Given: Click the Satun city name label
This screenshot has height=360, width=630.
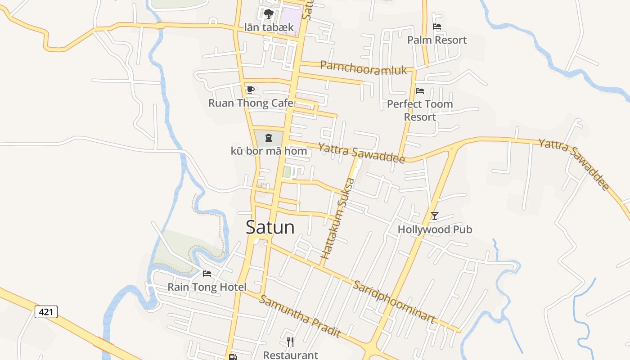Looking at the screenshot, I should pyautogui.click(x=270, y=227).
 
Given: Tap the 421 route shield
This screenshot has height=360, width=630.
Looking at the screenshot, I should pyautogui.click(x=46, y=311).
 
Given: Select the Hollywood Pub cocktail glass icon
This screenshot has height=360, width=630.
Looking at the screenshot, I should pyautogui.click(x=434, y=216).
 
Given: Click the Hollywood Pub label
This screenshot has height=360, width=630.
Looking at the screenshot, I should pyautogui.click(x=435, y=229).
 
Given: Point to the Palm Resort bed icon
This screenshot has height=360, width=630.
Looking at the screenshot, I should pyautogui.click(x=436, y=27).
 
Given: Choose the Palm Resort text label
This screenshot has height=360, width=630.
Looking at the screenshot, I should pyautogui.click(x=437, y=40).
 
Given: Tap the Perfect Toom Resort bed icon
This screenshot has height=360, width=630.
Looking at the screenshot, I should pyautogui.click(x=420, y=91).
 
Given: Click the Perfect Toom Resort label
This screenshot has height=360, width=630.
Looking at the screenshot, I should pyautogui.click(x=420, y=110).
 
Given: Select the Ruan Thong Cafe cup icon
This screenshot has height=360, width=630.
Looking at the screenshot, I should pyautogui.click(x=251, y=90).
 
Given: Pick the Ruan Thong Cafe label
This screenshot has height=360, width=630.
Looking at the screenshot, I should pyautogui.click(x=251, y=103).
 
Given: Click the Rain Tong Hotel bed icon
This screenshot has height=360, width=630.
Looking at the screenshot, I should pyautogui.click(x=207, y=274).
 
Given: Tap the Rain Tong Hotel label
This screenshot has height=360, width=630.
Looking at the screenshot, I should pyautogui.click(x=207, y=287).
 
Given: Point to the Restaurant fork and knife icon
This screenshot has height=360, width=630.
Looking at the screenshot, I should pyautogui.click(x=290, y=342).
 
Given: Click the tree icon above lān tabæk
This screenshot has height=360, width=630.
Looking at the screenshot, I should pyautogui.click(x=269, y=14).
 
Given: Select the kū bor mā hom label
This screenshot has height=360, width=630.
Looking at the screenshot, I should pyautogui.click(x=269, y=151).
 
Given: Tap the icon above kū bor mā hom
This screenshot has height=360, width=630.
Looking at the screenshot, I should pyautogui.click(x=269, y=138).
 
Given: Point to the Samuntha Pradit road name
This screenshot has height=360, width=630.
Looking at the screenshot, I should pyautogui.click(x=300, y=316).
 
